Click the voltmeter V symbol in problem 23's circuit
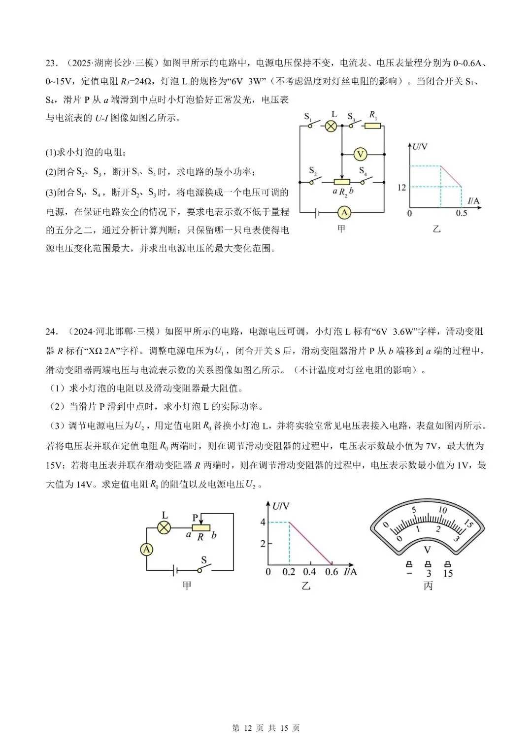(x=360, y=155)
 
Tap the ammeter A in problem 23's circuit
(x=344, y=213)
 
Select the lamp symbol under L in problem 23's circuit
(x=332, y=126)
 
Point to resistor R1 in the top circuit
(x=373, y=126)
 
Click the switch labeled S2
(x=316, y=179)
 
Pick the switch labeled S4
(x=366, y=179)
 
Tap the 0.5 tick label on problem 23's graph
(x=461, y=213)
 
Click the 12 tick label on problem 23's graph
(x=402, y=188)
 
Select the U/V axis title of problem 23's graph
(x=420, y=147)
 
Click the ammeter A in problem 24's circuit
(x=146, y=549)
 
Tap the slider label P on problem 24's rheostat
(x=196, y=518)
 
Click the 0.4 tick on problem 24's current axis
(x=309, y=572)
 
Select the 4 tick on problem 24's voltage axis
(x=263, y=522)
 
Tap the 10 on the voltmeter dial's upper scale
(x=442, y=510)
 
